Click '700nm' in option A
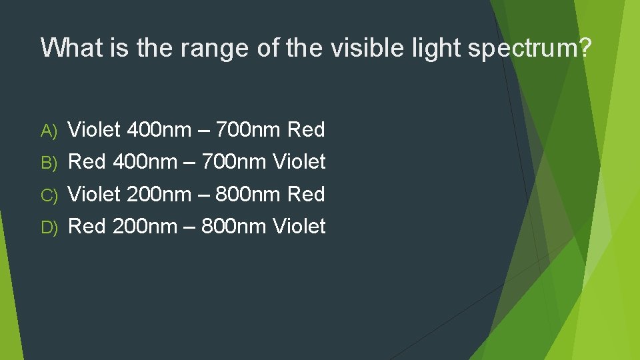coord(251,129)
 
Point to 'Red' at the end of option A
coord(306,129)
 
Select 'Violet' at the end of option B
coord(299,161)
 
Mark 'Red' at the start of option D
coord(87,226)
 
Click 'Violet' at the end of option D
coord(299,226)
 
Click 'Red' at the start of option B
coord(87,161)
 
